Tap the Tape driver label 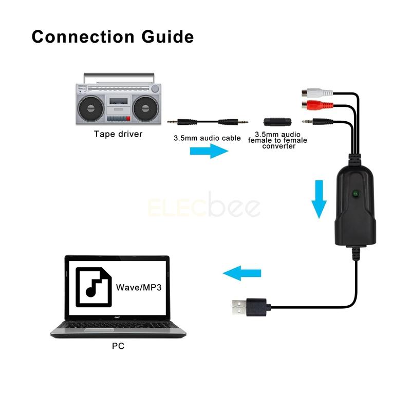coord(118,134)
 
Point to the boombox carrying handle coord(118,77)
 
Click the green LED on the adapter coord(355,194)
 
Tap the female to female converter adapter coord(277,122)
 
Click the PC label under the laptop coord(118,346)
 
